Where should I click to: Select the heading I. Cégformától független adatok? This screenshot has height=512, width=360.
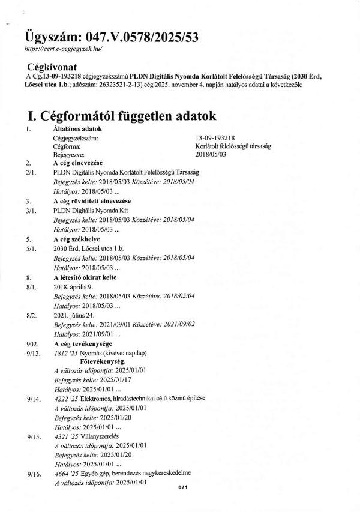[x=118, y=115]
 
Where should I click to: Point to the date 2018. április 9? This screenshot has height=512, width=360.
[x=74, y=288]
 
